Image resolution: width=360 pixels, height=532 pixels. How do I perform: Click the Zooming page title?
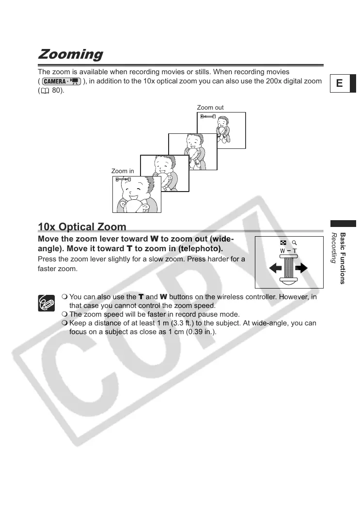point(71,54)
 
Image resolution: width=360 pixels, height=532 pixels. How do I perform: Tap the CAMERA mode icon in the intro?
point(61,81)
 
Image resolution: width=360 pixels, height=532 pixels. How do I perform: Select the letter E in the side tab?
point(339,83)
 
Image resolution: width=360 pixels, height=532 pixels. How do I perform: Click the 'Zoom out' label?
point(210,107)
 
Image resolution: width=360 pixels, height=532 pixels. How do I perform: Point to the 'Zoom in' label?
point(123,171)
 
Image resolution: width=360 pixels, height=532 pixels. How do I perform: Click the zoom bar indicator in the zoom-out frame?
point(208,117)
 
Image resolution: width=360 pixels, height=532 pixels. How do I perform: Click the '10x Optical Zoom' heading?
point(82,227)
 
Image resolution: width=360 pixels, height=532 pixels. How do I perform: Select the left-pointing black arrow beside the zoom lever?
point(274,267)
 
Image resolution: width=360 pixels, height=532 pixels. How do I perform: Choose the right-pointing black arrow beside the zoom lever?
point(302,267)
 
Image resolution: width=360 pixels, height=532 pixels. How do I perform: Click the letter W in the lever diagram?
point(282,251)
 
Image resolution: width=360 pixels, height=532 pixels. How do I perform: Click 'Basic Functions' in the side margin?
point(343,258)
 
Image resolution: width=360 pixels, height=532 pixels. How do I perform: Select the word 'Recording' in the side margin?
point(333,248)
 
